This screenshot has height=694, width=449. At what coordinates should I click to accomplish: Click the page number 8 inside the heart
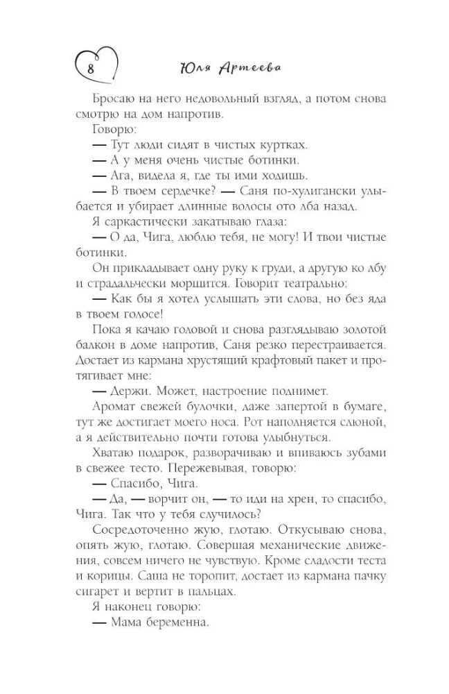tap(90, 68)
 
